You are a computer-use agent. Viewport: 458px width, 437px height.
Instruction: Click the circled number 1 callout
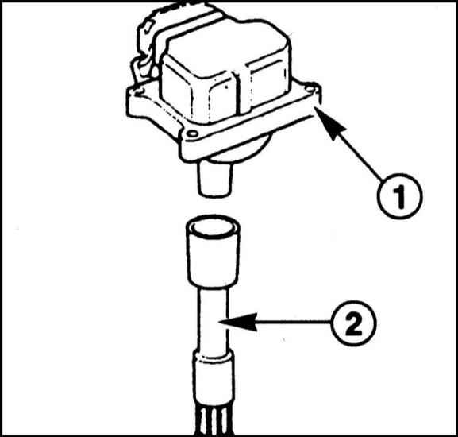coord(399,196)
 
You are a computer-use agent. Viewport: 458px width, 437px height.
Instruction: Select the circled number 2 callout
coord(354,323)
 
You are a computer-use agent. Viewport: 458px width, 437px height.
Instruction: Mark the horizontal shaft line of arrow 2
coord(294,323)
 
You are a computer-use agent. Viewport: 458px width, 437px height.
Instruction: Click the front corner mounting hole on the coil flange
coord(192,134)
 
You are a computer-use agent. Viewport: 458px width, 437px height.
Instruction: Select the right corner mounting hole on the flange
coord(310,88)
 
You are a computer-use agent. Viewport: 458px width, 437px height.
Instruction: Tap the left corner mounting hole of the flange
coord(138,93)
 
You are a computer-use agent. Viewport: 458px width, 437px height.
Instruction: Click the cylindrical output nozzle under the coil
coord(215,178)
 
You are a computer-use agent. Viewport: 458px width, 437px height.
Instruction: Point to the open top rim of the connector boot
coord(213,226)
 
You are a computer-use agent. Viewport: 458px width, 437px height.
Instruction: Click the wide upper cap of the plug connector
coord(213,251)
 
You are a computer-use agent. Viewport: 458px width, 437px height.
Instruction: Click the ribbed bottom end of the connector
coord(214,419)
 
